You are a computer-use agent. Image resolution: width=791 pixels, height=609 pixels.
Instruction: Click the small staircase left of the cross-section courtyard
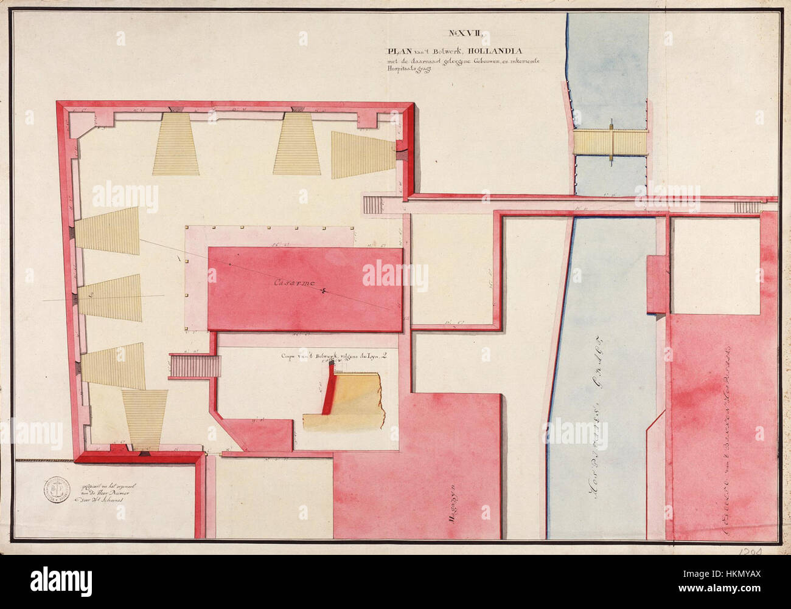pos(194,366)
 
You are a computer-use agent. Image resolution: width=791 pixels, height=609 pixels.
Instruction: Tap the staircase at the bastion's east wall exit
pos(371,204)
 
